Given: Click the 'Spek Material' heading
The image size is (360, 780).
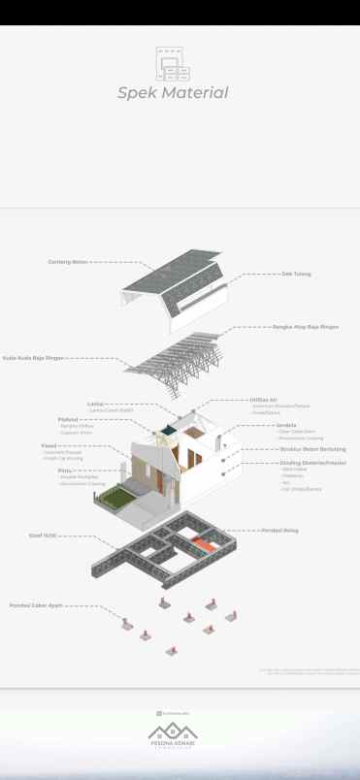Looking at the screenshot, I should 173,93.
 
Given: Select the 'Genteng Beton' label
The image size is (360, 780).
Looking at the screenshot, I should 68,262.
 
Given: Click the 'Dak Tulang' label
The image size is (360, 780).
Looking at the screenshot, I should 296,274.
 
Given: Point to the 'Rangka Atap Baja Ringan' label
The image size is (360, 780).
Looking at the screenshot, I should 305,327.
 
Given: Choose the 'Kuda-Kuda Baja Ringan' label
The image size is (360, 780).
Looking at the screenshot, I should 33,358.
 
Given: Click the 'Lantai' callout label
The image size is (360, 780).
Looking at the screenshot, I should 95,404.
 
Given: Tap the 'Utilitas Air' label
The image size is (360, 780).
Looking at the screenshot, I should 263,400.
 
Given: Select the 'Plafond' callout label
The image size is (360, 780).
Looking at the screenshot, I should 68,420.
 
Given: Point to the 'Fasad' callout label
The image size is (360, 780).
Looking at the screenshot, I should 49,445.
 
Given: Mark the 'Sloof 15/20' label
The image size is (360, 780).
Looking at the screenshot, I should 42,535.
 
